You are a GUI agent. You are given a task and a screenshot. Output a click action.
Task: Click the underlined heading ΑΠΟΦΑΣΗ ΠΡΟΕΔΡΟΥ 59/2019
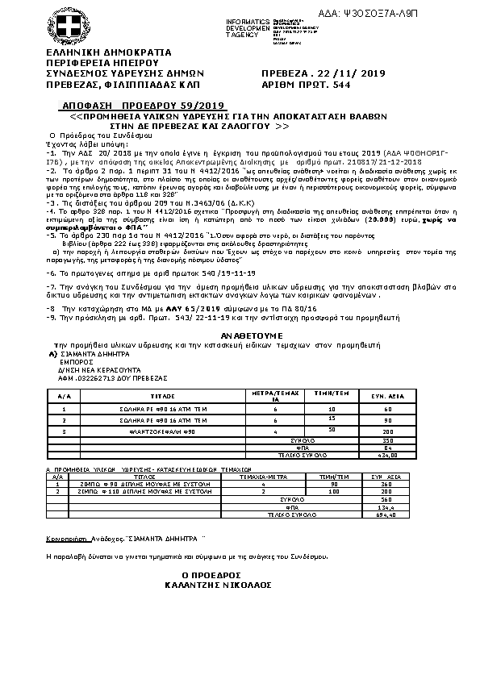click(x=142, y=106)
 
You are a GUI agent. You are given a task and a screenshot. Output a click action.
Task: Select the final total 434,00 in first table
click(x=387, y=455)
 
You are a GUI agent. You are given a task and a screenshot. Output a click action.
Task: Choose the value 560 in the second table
click(x=387, y=498)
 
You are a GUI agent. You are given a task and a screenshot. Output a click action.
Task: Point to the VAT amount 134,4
click(x=387, y=506)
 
